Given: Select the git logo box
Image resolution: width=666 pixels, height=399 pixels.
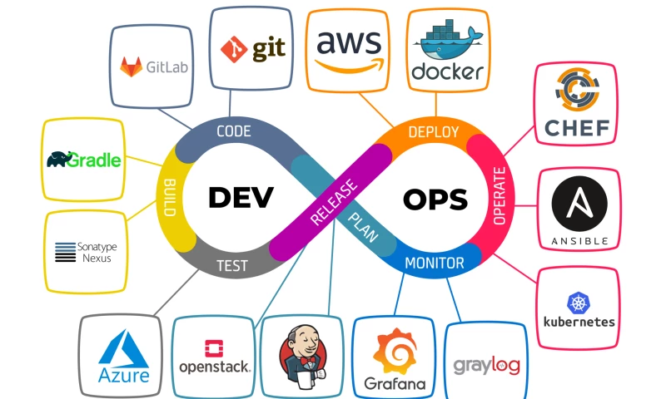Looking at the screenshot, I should pyautogui.click(x=251, y=48).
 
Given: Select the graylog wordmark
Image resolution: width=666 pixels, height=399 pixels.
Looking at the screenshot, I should pyautogui.click(x=485, y=365).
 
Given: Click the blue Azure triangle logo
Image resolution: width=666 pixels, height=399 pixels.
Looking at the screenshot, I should pyautogui.click(x=124, y=350).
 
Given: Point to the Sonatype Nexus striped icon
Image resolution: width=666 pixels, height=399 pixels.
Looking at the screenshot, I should pyautogui.click(x=65, y=252).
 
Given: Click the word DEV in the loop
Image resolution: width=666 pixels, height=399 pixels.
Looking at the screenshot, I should pyautogui.click(x=241, y=198).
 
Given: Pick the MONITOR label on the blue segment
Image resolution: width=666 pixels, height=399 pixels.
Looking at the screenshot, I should pyautogui.click(x=434, y=264).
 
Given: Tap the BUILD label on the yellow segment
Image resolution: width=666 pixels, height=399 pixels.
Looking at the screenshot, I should pyautogui.click(x=169, y=197).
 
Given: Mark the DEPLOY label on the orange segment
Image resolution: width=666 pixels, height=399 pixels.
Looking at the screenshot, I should pyautogui.click(x=433, y=132).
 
